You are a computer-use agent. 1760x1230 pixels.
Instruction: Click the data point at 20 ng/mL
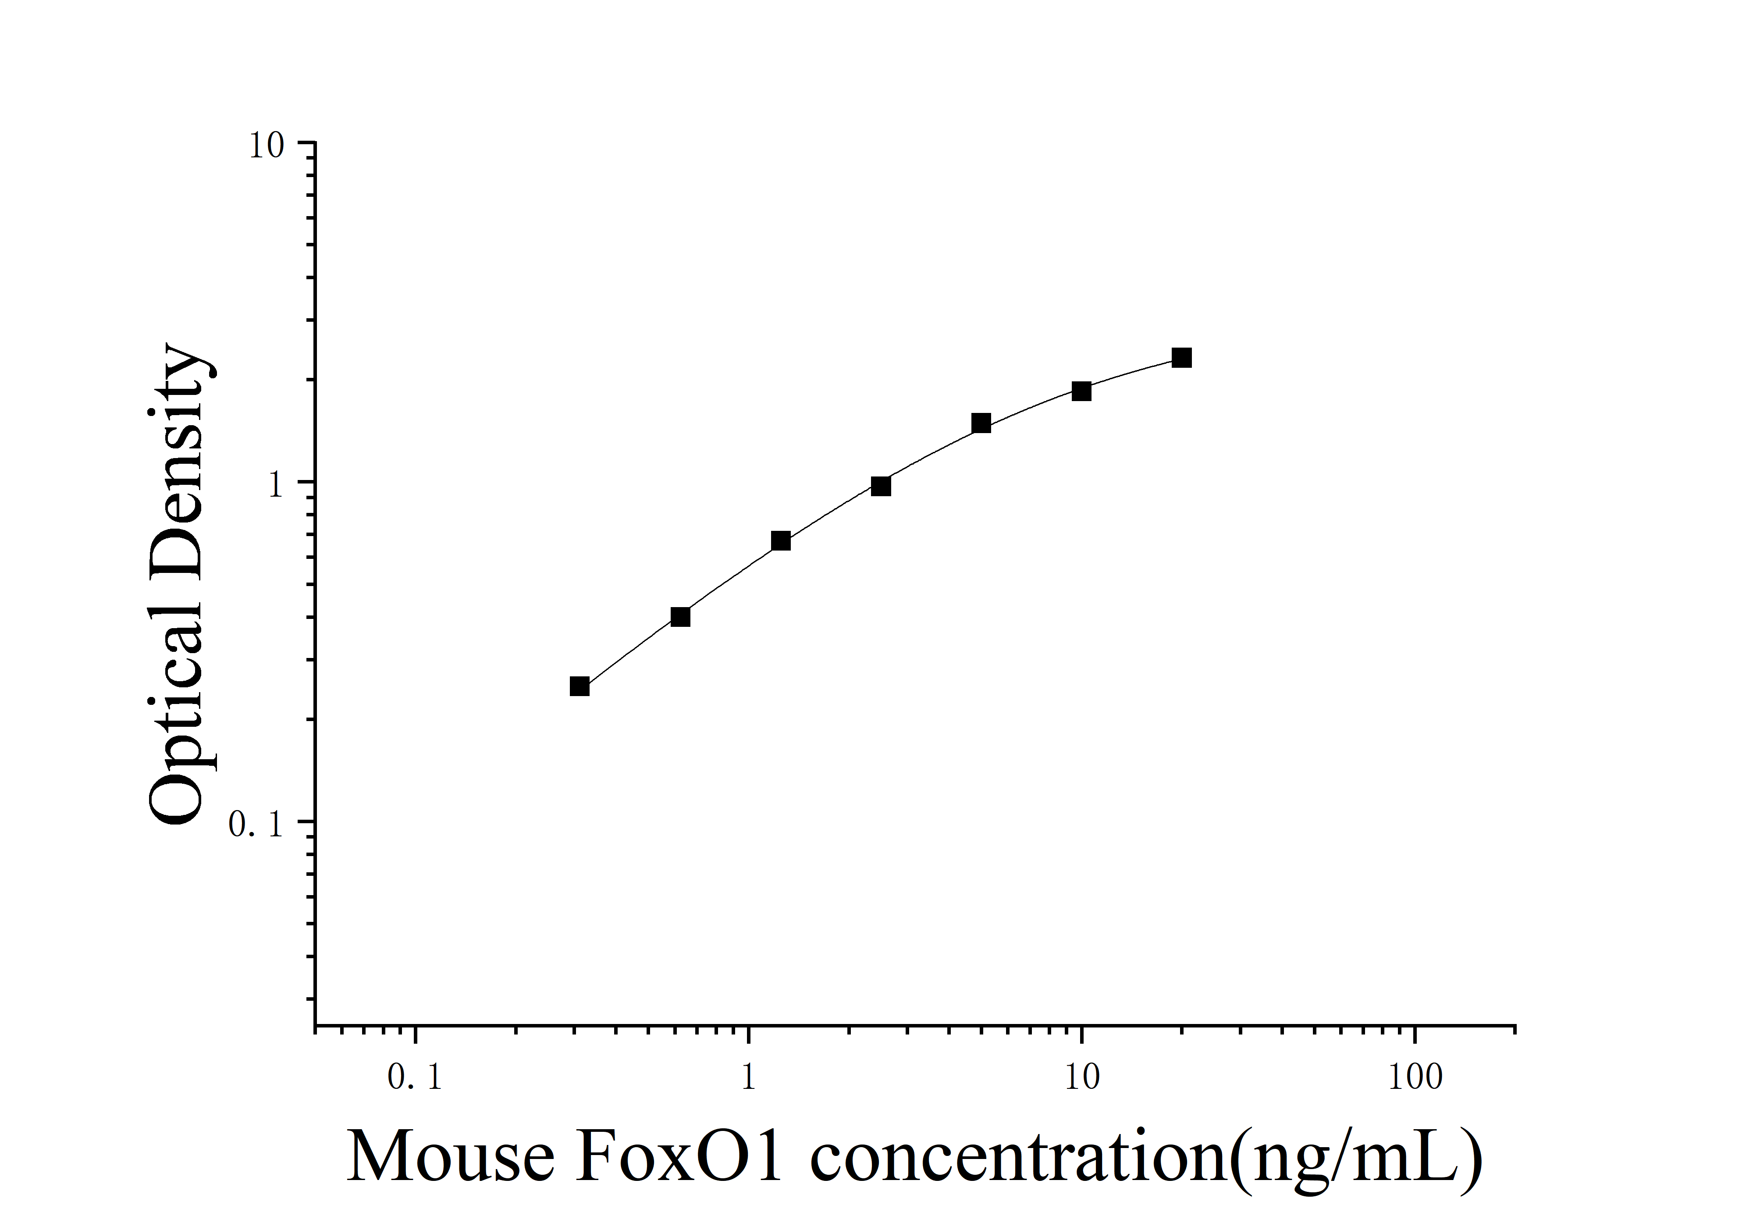point(1181,358)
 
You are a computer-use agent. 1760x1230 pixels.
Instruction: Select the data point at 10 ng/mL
point(1081,391)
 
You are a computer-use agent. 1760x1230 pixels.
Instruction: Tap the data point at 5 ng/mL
point(981,423)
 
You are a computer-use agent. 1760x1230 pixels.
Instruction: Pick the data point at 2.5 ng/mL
point(881,487)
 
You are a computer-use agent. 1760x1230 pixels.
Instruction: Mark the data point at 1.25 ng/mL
point(780,541)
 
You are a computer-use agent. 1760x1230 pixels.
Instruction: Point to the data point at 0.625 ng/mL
point(680,617)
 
